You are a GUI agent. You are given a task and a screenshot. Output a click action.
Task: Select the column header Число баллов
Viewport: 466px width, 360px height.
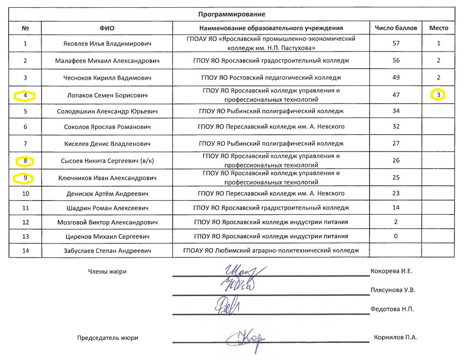[395, 28]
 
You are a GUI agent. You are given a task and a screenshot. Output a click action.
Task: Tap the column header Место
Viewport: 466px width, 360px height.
[439, 28]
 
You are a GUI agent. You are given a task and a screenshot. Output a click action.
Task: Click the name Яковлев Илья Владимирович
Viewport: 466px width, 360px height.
[107, 44]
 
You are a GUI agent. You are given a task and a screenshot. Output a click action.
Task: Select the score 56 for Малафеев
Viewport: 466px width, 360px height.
[395, 61]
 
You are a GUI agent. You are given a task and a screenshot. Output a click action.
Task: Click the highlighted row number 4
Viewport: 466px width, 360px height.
[25, 95]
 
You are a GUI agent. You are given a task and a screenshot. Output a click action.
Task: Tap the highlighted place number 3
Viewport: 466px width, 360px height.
[439, 95]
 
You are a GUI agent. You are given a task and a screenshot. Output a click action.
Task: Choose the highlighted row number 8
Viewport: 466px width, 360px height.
[25, 160]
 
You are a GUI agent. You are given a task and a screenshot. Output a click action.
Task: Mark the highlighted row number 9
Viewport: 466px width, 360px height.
[25, 179]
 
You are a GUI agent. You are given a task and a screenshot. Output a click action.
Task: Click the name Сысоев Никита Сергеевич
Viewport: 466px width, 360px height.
[107, 161]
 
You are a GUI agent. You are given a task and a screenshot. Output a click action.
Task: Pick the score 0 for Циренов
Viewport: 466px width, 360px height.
[395, 236]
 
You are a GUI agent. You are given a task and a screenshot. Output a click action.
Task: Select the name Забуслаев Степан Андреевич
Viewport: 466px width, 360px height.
[107, 250]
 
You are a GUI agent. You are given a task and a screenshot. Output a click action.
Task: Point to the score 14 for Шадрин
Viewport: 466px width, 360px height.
[395, 208]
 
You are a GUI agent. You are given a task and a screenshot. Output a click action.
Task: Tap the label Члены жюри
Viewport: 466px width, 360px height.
[107, 272]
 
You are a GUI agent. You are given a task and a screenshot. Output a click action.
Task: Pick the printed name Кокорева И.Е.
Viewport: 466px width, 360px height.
[391, 271]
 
